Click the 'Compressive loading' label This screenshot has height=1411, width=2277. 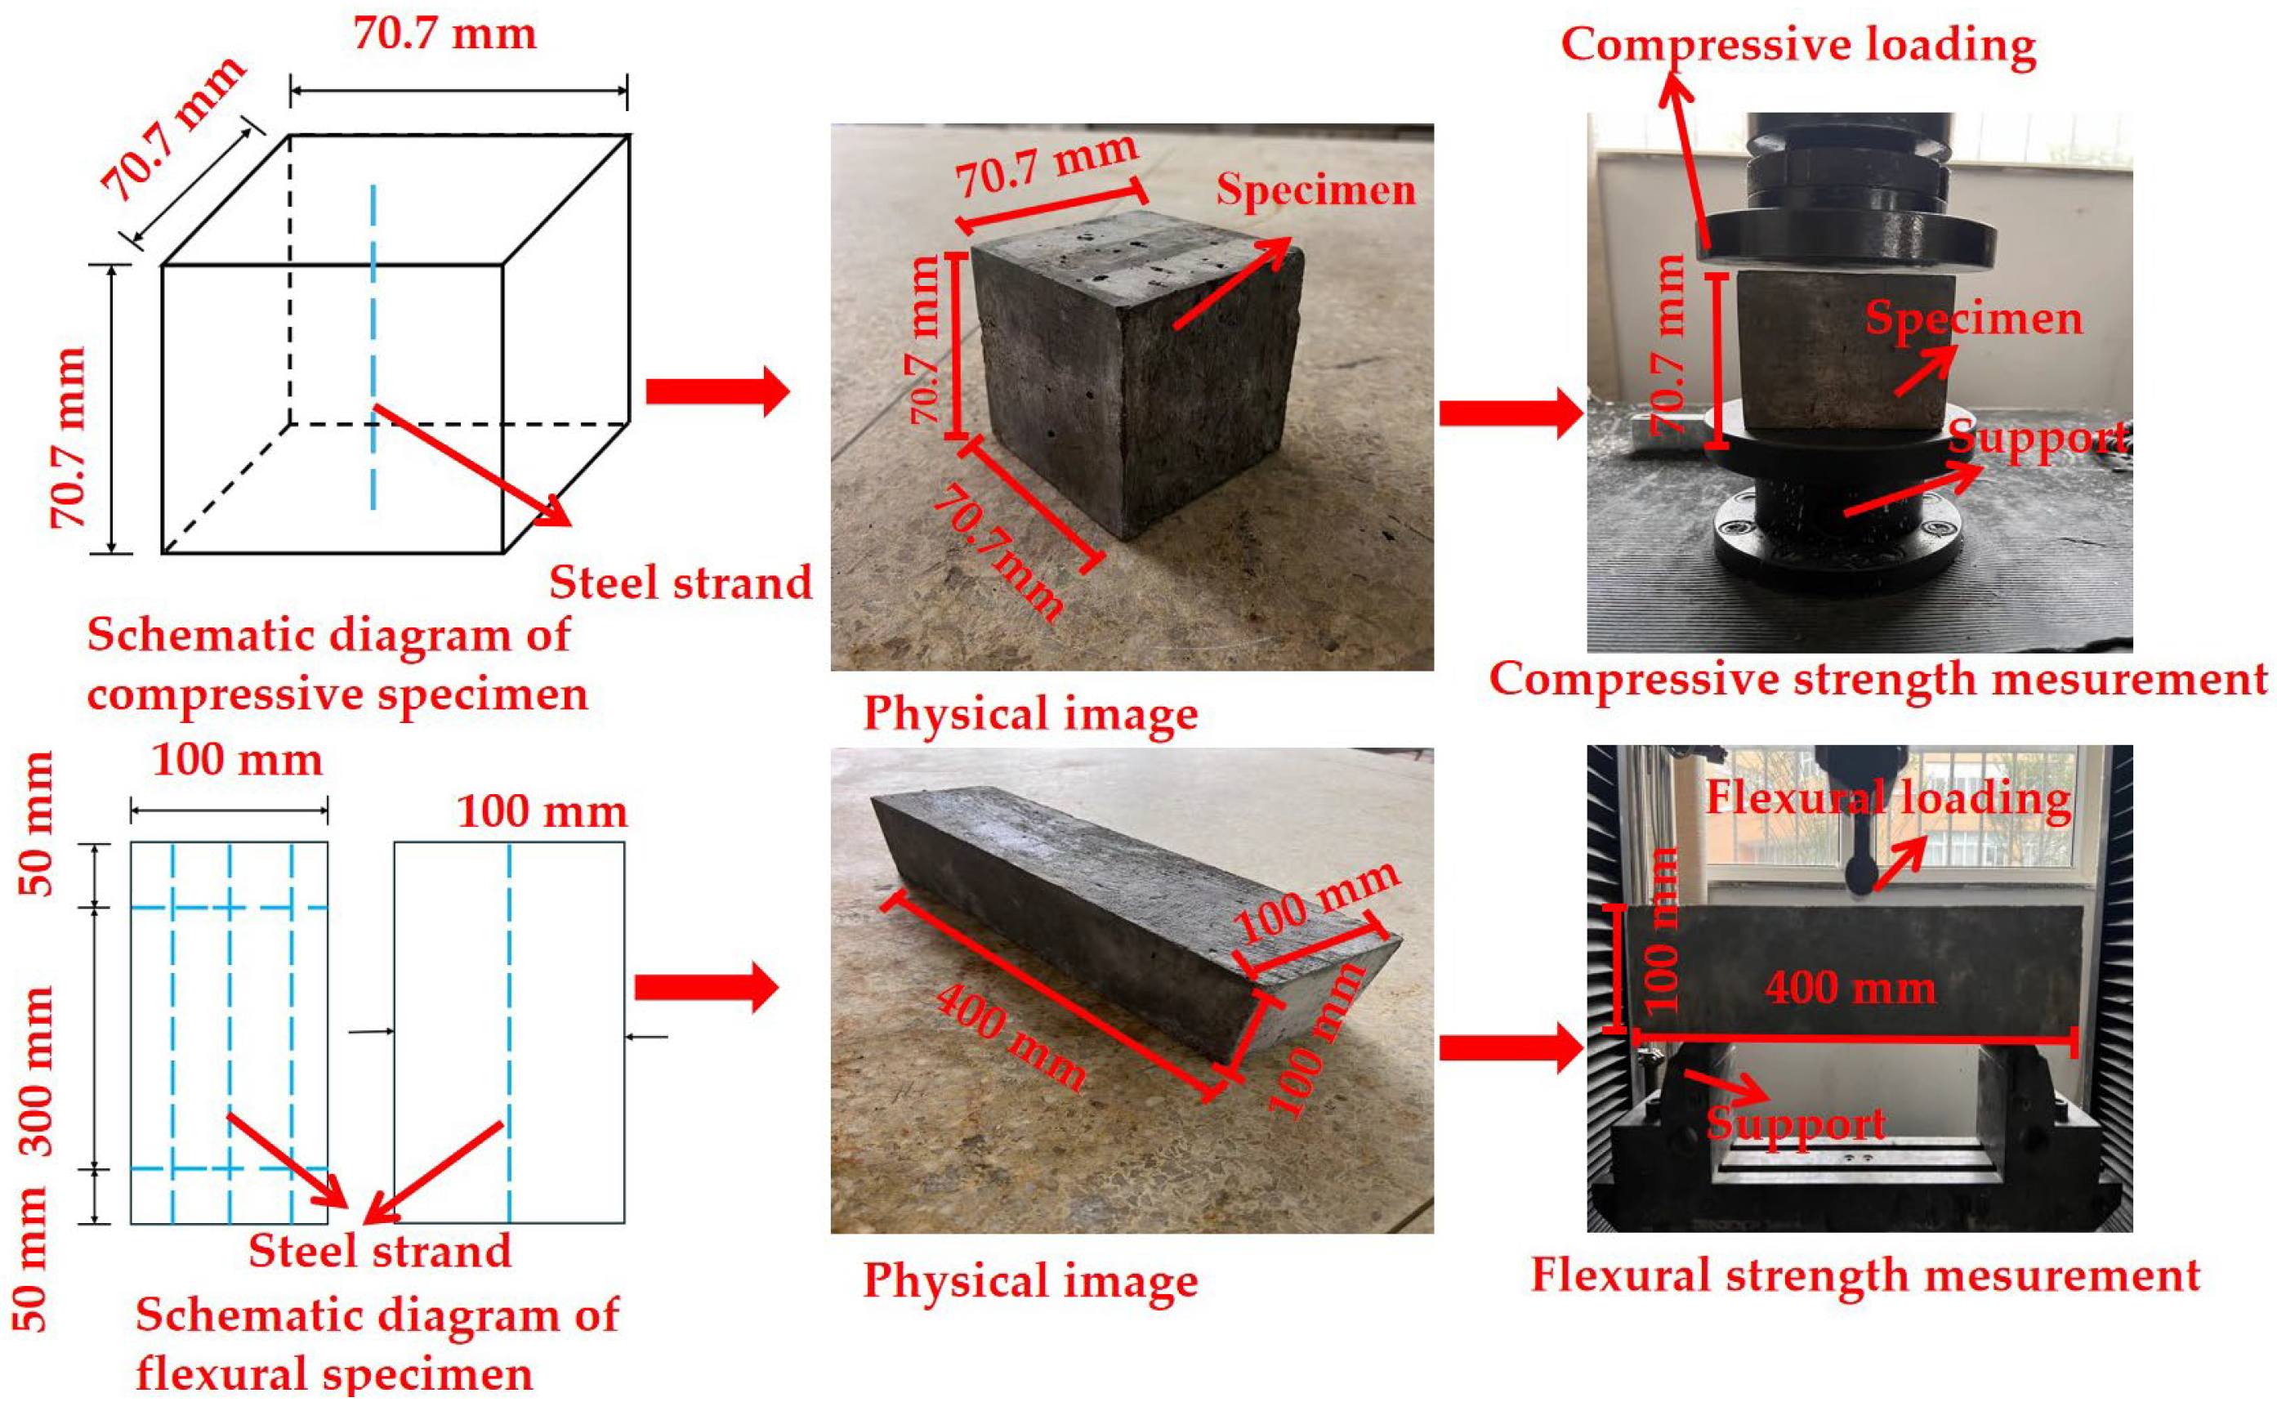[1797, 45]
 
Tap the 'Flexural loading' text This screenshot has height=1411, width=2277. [1887, 799]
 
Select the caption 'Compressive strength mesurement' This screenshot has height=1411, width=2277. [1877, 678]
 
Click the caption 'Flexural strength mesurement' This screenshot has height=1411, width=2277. [1864, 1275]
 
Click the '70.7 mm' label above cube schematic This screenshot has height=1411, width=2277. [445, 33]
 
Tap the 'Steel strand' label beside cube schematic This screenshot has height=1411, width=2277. [681, 583]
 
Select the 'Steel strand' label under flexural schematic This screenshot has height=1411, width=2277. [380, 1251]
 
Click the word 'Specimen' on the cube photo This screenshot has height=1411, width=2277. [1315, 190]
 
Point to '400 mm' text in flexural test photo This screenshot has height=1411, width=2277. [1850, 987]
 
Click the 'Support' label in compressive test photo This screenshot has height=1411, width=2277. [2038, 438]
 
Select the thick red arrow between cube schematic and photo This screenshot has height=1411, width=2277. [717, 392]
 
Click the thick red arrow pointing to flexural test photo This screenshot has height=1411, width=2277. [1510, 1048]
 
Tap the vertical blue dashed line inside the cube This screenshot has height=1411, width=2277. [373, 346]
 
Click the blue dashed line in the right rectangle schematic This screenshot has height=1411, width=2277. [509, 1026]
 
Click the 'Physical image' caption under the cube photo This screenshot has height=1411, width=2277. [1030, 714]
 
